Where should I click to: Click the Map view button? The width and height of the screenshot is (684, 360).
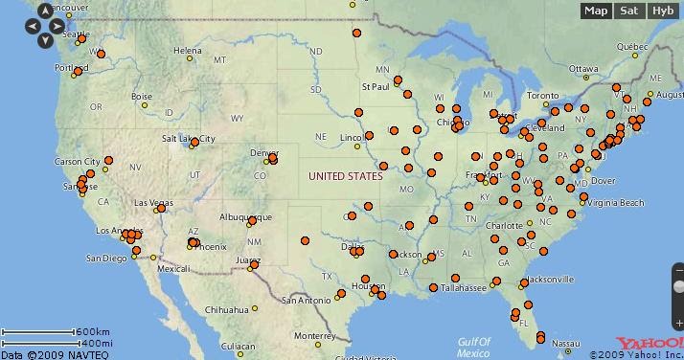pyautogui.click(x=597, y=11)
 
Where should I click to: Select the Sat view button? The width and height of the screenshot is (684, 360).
pyautogui.click(x=628, y=11)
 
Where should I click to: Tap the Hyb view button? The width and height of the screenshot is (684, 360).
pyautogui.click(x=662, y=11)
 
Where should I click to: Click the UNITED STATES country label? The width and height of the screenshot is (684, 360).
pyautogui.click(x=346, y=176)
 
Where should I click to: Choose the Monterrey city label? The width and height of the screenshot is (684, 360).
pyautogui.click(x=314, y=336)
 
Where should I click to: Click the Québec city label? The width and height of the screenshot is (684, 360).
pyautogui.click(x=632, y=46)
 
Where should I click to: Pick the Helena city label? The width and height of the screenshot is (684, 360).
pyautogui.click(x=188, y=51)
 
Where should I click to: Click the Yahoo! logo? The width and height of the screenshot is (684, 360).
pyautogui.click(x=647, y=344)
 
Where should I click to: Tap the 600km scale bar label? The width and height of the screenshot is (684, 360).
pyautogui.click(x=93, y=332)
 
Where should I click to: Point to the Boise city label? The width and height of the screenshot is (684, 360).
pyautogui.click(x=143, y=97)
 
